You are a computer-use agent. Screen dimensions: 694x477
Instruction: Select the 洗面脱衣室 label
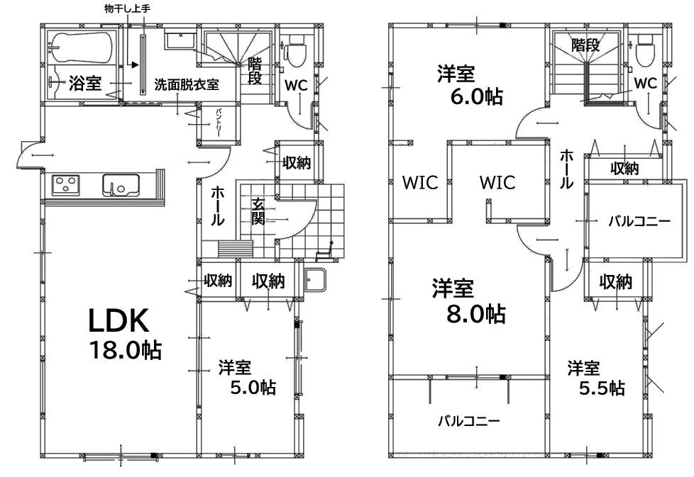[x=187, y=84]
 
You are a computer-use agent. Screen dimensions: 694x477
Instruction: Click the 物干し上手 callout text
[x=128, y=9]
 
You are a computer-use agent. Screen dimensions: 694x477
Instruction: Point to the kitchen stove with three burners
[x=66, y=185]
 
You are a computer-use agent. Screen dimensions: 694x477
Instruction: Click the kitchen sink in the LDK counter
[x=121, y=185]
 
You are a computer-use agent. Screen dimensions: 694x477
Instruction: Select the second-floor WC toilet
[x=645, y=50]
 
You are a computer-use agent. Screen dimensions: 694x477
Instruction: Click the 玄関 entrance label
[x=258, y=212]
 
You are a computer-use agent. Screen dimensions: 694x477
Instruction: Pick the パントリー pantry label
[x=219, y=122]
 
